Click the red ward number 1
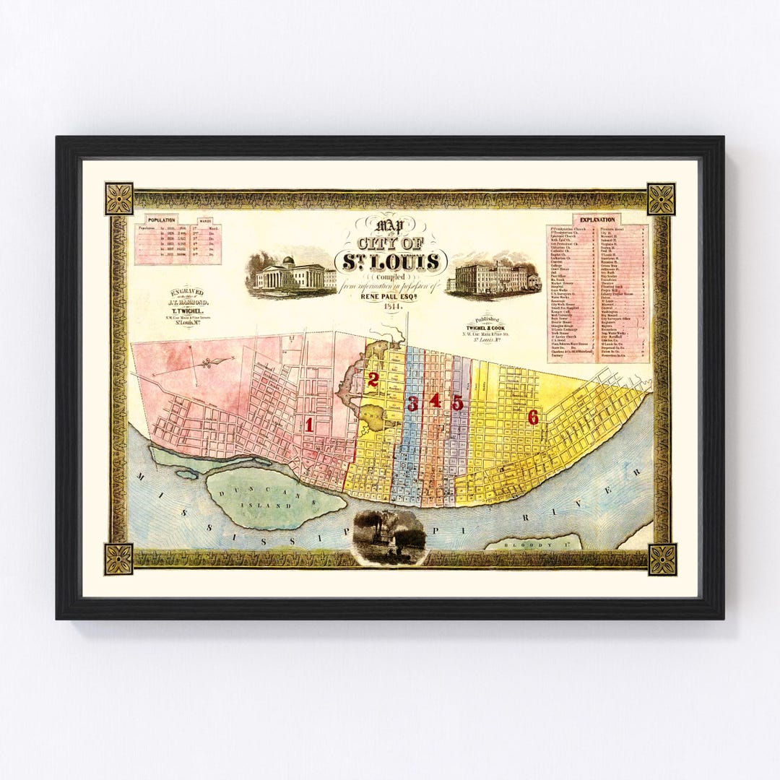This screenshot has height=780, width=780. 309,425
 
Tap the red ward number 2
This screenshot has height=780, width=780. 373,380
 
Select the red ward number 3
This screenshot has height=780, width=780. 412,404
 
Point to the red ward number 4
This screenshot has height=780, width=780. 435,401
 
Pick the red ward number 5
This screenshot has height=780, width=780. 457,403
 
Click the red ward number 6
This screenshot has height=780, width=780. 533,417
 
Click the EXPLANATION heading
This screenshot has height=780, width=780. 597,220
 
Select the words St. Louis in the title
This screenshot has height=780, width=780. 390,261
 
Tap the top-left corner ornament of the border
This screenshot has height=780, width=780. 119,199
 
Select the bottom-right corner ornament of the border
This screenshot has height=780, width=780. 661,559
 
